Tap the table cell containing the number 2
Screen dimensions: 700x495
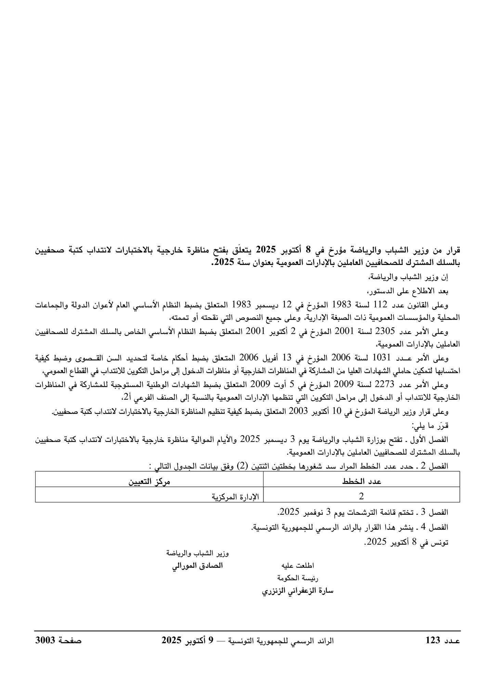(x=361, y=496)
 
